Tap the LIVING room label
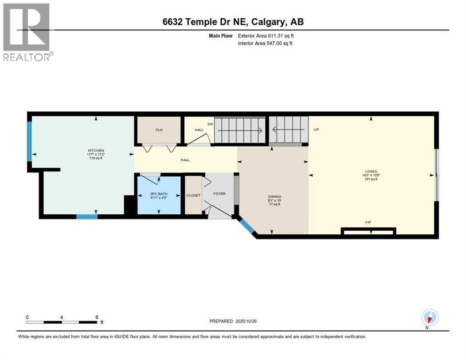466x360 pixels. coord(371,172)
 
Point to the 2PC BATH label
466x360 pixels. coord(158,194)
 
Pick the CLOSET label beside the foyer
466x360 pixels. coord(193,195)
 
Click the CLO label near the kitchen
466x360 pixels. coord(158,130)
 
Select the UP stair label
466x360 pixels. coord(316,130)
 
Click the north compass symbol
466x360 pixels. coord(429,318)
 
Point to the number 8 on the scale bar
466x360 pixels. coord(97,317)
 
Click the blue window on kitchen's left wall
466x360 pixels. coord(30,142)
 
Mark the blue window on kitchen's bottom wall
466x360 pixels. coord(87,217)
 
